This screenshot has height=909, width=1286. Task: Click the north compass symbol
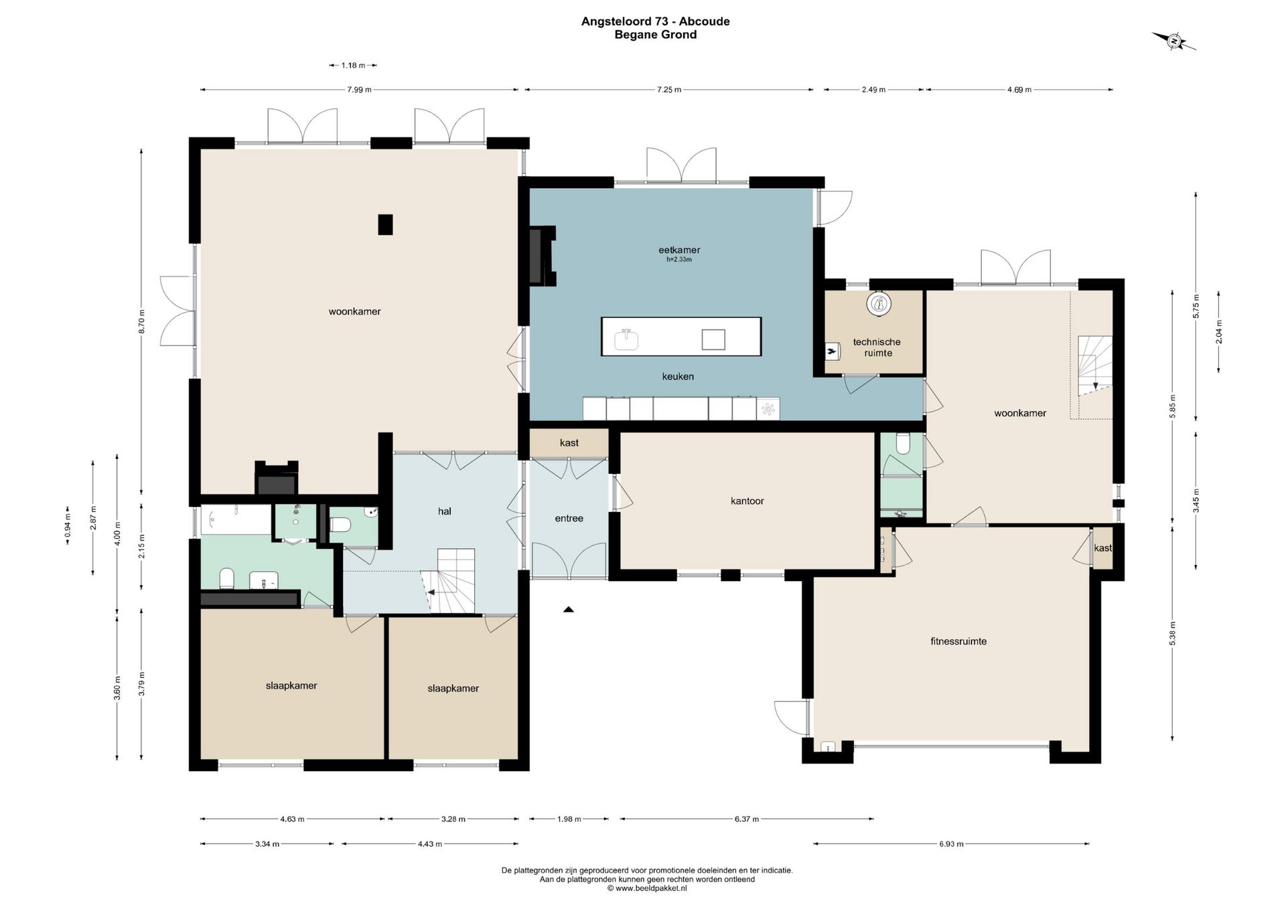click(1174, 42)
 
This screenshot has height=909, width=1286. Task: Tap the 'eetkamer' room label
click(679, 250)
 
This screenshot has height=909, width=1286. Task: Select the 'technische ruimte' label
click(877, 347)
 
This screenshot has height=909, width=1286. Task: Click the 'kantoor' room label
click(747, 501)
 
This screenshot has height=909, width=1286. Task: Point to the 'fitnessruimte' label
click(958, 641)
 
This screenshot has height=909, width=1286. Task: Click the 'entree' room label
click(569, 518)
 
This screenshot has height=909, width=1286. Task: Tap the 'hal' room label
click(445, 511)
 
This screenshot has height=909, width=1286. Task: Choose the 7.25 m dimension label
click(669, 90)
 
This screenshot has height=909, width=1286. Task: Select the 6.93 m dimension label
click(951, 844)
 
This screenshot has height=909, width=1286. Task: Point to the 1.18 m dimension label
click(353, 65)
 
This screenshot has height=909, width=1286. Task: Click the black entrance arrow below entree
click(569, 610)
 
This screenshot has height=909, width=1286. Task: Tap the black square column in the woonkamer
click(385, 224)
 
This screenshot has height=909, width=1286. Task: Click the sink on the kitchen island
click(626, 340)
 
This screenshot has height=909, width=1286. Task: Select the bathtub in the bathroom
click(236, 520)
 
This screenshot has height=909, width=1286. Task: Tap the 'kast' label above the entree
click(569, 442)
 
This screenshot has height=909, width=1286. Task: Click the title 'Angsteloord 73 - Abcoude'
click(656, 21)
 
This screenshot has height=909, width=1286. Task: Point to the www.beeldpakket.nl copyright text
click(647, 888)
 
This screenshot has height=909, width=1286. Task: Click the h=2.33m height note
click(679, 260)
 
